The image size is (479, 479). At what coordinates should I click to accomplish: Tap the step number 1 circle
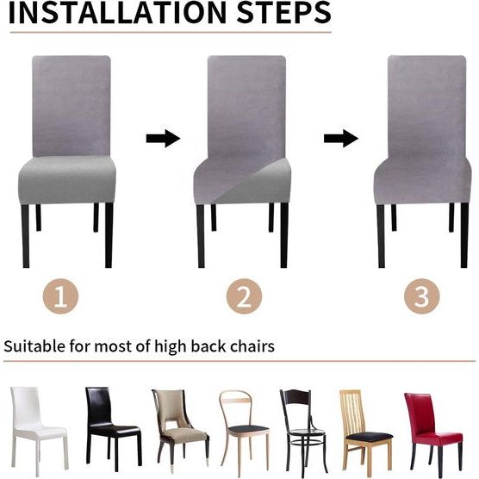coord(59,297)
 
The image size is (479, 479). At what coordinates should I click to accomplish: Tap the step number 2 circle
coord(244,297)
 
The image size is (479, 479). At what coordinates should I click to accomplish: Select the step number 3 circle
coord(421,297)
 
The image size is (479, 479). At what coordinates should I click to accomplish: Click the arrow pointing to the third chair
coord(340,138)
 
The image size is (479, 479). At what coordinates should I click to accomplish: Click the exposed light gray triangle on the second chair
coord(258,185)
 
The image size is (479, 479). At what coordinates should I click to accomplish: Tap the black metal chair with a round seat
coord(301,426)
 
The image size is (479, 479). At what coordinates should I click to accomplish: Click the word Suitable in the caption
coord(33,347)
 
